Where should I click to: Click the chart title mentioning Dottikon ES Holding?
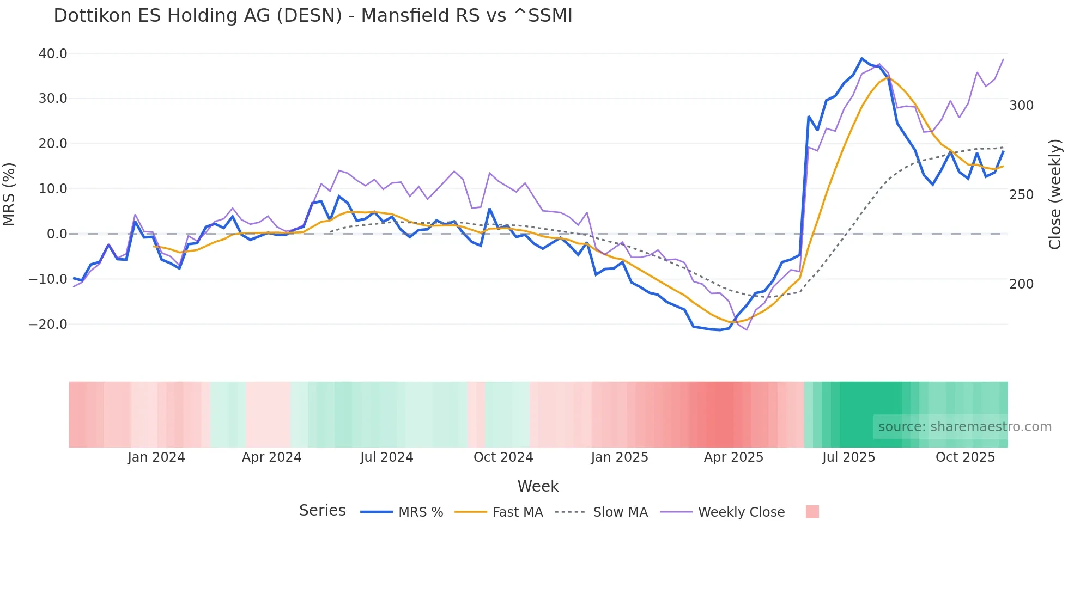click(x=313, y=16)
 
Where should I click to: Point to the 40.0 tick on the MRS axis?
click(x=53, y=54)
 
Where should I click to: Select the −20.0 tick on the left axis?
click(x=48, y=325)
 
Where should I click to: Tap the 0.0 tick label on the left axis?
click(x=57, y=234)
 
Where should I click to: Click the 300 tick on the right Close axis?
click(x=1021, y=106)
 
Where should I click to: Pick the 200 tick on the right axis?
click(x=1021, y=284)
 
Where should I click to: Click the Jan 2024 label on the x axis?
click(x=156, y=457)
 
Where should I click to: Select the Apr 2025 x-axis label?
click(x=733, y=457)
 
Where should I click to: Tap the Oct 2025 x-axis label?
click(x=965, y=457)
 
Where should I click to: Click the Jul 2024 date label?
click(x=386, y=457)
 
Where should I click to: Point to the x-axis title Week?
click(x=538, y=486)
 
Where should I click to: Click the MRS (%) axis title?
click(x=9, y=194)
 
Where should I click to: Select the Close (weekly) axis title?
click(x=1055, y=194)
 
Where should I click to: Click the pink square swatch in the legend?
click(x=812, y=512)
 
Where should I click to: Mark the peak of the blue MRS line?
click(x=861, y=58)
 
